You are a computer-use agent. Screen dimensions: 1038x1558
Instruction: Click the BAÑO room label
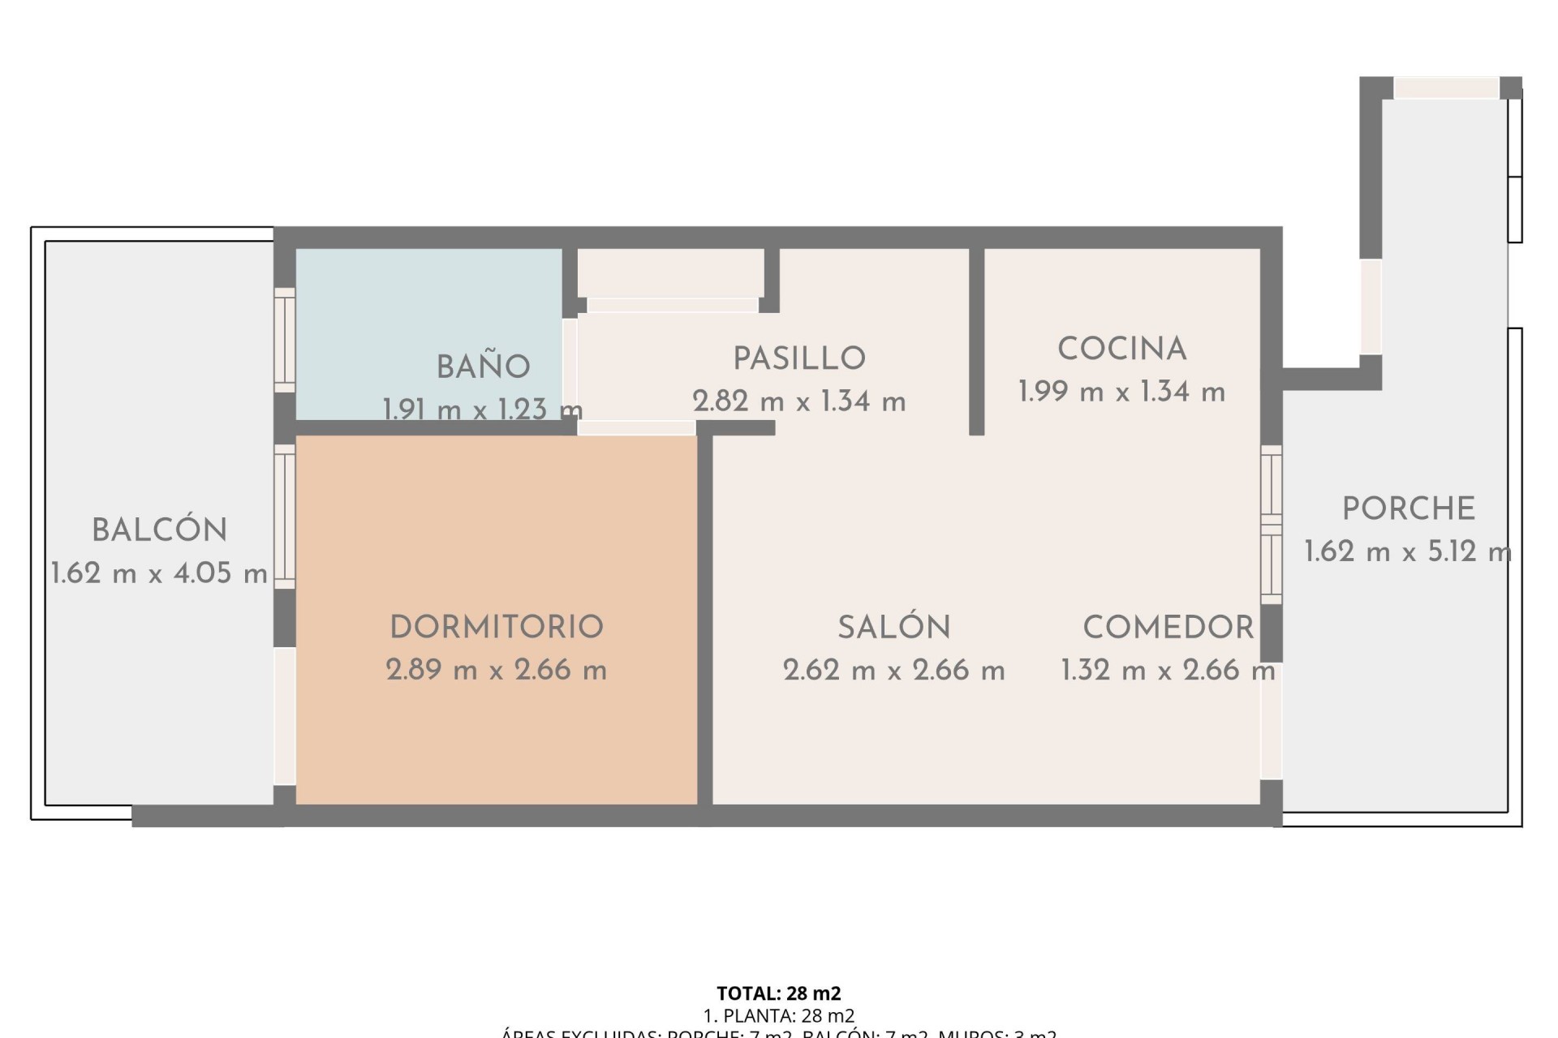click(484, 367)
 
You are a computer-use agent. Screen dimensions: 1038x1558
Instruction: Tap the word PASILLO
click(799, 358)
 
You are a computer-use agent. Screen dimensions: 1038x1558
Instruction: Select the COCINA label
click(1122, 350)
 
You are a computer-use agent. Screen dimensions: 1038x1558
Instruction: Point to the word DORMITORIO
click(497, 627)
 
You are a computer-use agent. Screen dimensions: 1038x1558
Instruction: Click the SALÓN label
click(894, 627)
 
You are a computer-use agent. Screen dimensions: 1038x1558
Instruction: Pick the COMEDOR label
click(1168, 627)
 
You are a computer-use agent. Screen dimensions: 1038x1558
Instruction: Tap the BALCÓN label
click(160, 530)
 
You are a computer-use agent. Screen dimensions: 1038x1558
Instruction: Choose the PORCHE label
click(1409, 509)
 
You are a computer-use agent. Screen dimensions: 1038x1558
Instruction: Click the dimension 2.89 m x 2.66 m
click(497, 670)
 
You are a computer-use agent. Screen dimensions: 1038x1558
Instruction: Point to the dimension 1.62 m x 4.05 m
click(160, 573)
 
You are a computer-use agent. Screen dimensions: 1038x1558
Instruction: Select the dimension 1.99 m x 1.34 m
click(1122, 392)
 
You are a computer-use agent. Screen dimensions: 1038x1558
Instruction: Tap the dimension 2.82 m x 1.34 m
click(799, 401)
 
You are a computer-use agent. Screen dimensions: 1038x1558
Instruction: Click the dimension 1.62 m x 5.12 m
click(1408, 552)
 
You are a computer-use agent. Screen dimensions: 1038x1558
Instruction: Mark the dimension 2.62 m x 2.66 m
click(894, 670)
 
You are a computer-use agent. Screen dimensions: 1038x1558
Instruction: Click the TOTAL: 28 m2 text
click(779, 993)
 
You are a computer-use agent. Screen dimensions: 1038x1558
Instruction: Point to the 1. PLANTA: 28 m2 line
click(779, 1015)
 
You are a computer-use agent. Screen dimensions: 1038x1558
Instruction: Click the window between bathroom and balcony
click(284, 340)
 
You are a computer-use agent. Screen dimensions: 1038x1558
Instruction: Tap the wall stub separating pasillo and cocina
click(977, 341)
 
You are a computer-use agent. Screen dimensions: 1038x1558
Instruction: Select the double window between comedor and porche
click(1272, 524)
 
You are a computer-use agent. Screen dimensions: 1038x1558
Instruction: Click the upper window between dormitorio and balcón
click(284, 516)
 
